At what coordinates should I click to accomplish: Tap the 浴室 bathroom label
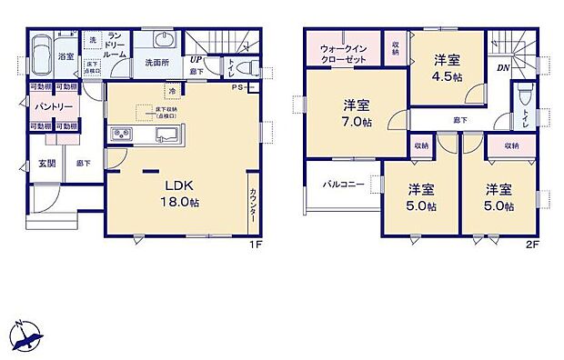tap(66, 56)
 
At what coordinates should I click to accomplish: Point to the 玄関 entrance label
tap(47, 164)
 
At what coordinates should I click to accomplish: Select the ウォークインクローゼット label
tap(343, 53)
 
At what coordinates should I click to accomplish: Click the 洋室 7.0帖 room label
tap(355, 113)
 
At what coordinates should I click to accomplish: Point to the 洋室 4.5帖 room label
tap(446, 68)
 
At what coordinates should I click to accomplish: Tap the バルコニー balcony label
tap(345, 185)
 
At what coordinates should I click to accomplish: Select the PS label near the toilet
tap(237, 87)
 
